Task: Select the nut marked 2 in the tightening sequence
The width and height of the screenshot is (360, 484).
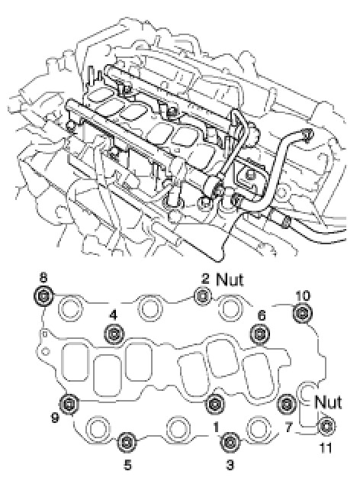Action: point(203,296)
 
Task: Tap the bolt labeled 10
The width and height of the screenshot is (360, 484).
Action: point(302,313)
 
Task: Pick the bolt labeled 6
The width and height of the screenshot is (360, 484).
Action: point(260,334)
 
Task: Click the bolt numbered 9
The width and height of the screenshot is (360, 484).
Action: point(69,403)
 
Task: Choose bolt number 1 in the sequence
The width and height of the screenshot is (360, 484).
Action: point(215,403)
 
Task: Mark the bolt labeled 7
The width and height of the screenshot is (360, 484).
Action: point(287,403)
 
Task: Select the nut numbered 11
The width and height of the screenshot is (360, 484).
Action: point(326,427)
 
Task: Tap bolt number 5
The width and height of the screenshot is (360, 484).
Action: point(127,442)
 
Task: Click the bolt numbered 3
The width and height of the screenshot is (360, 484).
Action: point(230,442)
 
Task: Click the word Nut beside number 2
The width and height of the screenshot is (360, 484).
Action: point(230,279)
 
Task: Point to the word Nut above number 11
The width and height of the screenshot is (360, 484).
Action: point(328,402)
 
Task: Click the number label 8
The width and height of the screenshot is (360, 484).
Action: point(43,277)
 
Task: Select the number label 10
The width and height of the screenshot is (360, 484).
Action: point(302,295)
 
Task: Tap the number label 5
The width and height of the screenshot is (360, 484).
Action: point(127,465)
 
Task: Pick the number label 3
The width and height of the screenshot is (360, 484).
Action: point(230,465)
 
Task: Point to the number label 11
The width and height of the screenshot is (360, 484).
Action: point(326,448)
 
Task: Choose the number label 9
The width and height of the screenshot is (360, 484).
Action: point(55,418)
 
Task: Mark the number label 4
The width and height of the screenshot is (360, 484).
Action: point(114,315)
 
